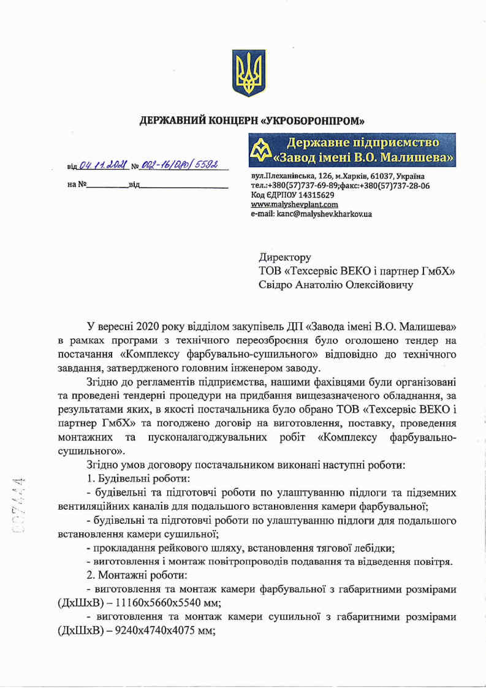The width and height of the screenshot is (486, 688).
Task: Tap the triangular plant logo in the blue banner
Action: coord(260,150)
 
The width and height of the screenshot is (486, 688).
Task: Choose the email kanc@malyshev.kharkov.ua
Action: coord(311,214)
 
